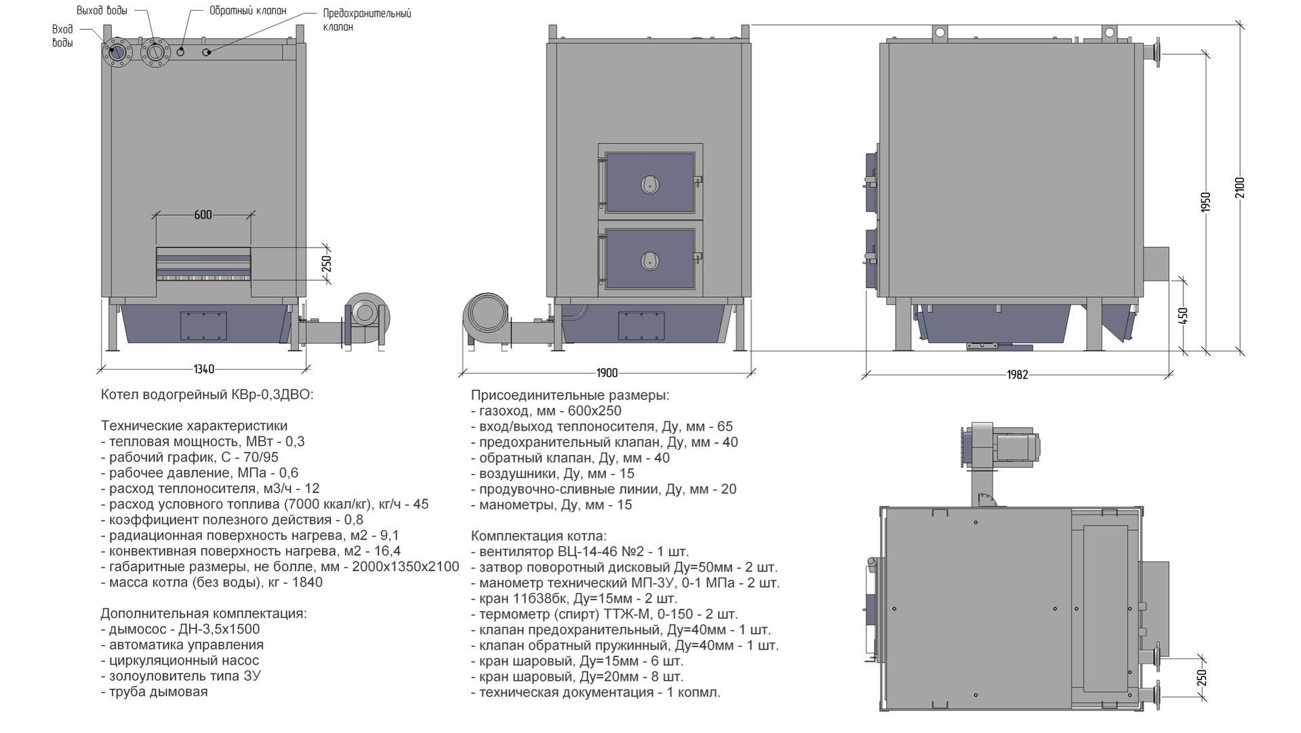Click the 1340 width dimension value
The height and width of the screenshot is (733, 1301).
pos(203,370)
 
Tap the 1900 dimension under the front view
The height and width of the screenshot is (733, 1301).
pos(607,373)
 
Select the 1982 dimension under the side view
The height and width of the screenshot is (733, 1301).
pos(1018,374)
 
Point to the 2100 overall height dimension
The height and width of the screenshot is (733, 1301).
pos(1240,188)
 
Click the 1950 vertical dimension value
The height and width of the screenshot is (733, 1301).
pos(1205,203)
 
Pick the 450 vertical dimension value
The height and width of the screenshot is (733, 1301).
pos(1184,317)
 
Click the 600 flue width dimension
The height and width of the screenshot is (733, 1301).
pos(203,215)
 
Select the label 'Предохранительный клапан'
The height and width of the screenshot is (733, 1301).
pos(367,20)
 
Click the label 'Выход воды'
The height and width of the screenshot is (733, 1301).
pos(102,11)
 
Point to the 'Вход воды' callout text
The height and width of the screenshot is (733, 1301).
pos(62,36)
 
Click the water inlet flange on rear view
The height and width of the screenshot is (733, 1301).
pos(119,52)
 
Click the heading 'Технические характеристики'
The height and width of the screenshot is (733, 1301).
pos(194,426)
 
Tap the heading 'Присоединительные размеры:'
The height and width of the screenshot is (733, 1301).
pos(569,395)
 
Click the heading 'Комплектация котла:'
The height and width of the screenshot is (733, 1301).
pos(539,536)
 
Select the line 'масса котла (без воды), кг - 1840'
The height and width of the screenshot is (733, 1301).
pos(212,582)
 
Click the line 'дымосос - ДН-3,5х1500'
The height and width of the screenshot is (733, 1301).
pos(180,629)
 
